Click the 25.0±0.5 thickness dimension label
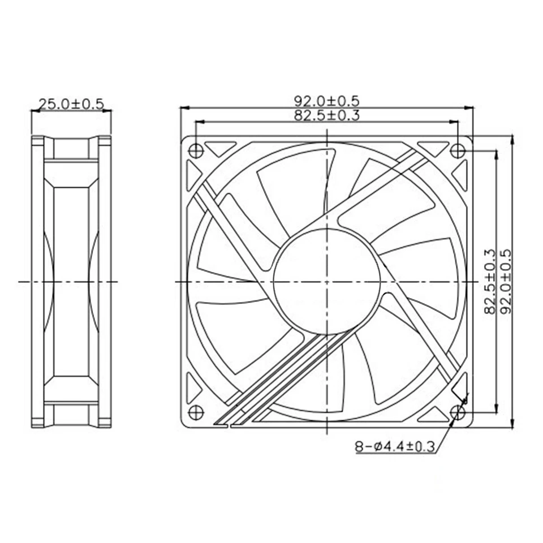click(71, 104)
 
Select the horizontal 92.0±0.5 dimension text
click(326, 100)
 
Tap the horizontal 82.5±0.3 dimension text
click(326, 115)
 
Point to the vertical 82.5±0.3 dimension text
click(489, 281)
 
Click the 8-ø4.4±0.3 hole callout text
click(394, 447)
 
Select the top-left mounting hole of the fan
click(195, 151)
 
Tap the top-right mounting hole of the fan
click(458, 151)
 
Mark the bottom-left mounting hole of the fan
click(195, 412)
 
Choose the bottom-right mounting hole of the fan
click(458, 412)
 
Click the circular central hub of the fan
click(326, 281)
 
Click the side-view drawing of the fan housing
click(71, 281)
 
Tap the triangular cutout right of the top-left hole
click(221, 148)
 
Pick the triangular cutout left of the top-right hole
click(432, 148)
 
